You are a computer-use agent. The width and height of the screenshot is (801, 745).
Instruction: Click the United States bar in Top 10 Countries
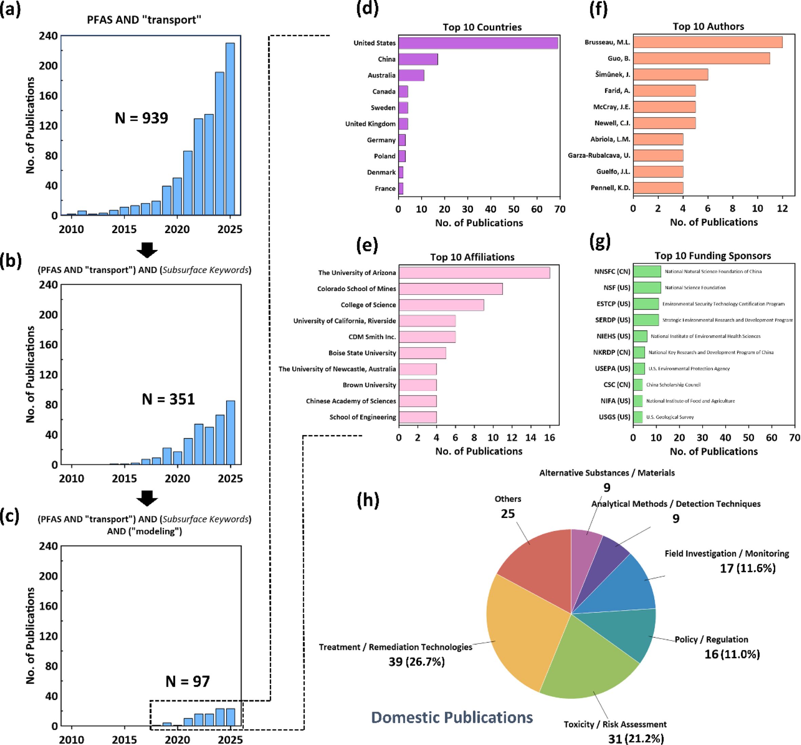coord(478,43)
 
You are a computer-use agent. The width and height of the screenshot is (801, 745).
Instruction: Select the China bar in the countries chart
coord(418,59)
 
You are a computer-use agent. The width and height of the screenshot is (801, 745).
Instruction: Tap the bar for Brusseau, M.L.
coord(707,42)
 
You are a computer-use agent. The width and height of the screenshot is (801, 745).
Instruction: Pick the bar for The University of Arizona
coord(474,273)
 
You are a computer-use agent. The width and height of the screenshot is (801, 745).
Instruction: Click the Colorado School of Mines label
coord(356,289)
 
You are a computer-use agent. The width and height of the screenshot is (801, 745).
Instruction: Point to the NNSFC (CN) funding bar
coord(647,272)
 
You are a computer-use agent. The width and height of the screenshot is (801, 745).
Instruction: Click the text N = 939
coord(141,118)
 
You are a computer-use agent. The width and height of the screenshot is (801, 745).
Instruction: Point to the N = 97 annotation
coord(188,682)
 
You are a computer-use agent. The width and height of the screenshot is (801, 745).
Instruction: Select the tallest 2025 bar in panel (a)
coord(230,129)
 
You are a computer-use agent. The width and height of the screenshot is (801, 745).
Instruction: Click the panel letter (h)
coord(368,500)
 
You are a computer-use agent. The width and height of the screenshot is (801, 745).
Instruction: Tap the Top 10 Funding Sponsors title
coord(712,256)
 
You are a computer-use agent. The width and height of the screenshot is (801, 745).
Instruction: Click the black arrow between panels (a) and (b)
coord(147,250)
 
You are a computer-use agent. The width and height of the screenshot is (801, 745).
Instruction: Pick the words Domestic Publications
coord(452,718)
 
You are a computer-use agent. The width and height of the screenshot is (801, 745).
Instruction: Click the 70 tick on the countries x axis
coord(560,209)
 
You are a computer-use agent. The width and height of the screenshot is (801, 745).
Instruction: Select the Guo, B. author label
coord(619,59)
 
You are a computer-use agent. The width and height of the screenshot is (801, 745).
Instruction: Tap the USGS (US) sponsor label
coord(614,417)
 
